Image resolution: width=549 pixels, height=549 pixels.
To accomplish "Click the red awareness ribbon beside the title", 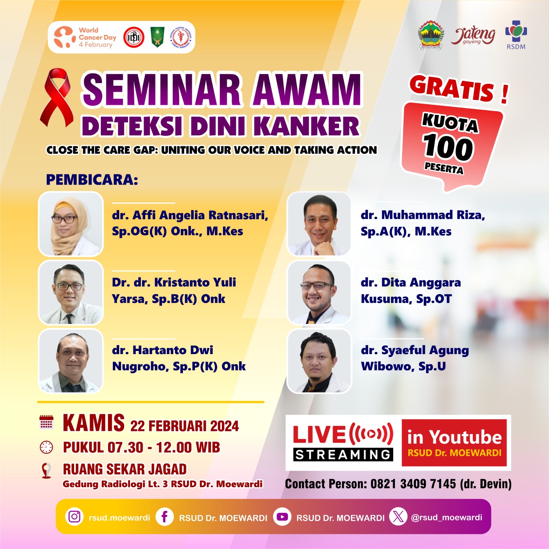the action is pyautogui.click(x=57, y=98).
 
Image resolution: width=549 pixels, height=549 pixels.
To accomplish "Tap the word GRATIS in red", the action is pyautogui.click(x=452, y=89).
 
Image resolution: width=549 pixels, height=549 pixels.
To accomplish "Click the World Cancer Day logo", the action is pyautogui.click(x=85, y=37).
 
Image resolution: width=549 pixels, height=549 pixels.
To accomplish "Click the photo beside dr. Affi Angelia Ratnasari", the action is pyautogui.click(x=71, y=224).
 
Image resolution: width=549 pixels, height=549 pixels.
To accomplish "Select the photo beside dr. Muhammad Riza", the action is pyautogui.click(x=319, y=224).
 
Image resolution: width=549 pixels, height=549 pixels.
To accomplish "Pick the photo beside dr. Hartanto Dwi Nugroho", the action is pyautogui.click(x=71, y=361).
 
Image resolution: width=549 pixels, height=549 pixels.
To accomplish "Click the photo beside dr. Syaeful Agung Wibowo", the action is pyautogui.click(x=319, y=361).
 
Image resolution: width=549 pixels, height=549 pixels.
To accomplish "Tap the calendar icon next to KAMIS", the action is pyautogui.click(x=46, y=422).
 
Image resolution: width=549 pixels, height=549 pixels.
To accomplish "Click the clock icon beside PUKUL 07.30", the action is pyautogui.click(x=46, y=447).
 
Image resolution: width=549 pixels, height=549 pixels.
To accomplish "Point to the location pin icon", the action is pyautogui.click(x=46, y=470).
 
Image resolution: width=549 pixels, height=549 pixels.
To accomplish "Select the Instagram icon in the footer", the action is pyautogui.click(x=74, y=516).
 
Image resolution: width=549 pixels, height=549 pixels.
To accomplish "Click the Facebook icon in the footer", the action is pyautogui.click(x=164, y=516).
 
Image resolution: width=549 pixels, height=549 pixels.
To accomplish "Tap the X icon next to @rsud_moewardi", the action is pyautogui.click(x=398, y=516).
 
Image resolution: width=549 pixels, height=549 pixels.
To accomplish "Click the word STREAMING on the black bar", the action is pyautogui.click(x=343, y=455).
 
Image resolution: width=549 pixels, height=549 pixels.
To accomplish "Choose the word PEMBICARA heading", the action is pyautogui.click(x=92, y=180).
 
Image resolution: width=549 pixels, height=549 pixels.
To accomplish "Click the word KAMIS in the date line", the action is pyautogui.click(x=94, y=423).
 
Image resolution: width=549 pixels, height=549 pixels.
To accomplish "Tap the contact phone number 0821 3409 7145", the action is pyautogui.click(x=413, y=484).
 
